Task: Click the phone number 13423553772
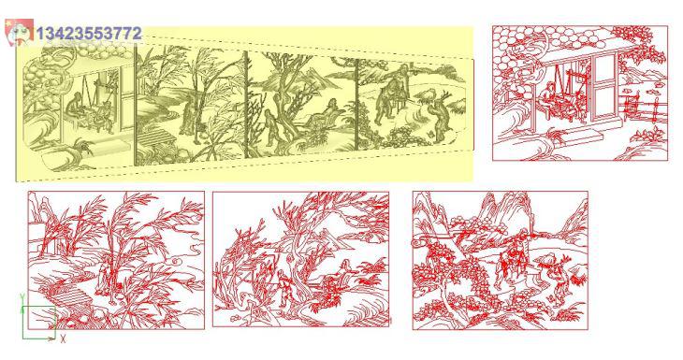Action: tap(89, 34)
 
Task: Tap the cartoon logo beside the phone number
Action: tap(19, 32)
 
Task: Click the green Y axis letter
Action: tap(22, 297)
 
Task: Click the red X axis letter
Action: tap(64, 338)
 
